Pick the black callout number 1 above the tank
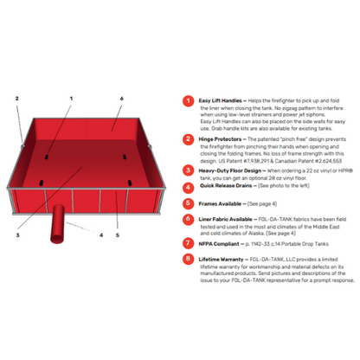pos(71,98)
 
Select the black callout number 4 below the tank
pos(100,234)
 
